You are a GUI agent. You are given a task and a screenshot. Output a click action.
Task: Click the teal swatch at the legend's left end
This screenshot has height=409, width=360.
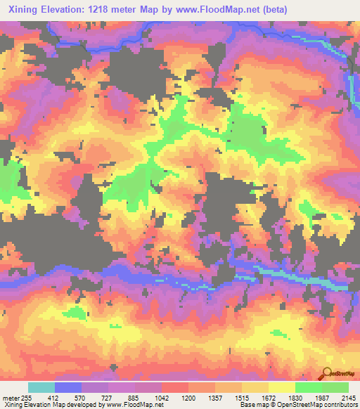click(41, 387)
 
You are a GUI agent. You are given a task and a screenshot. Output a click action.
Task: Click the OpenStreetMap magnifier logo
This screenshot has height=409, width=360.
click(327, 374)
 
